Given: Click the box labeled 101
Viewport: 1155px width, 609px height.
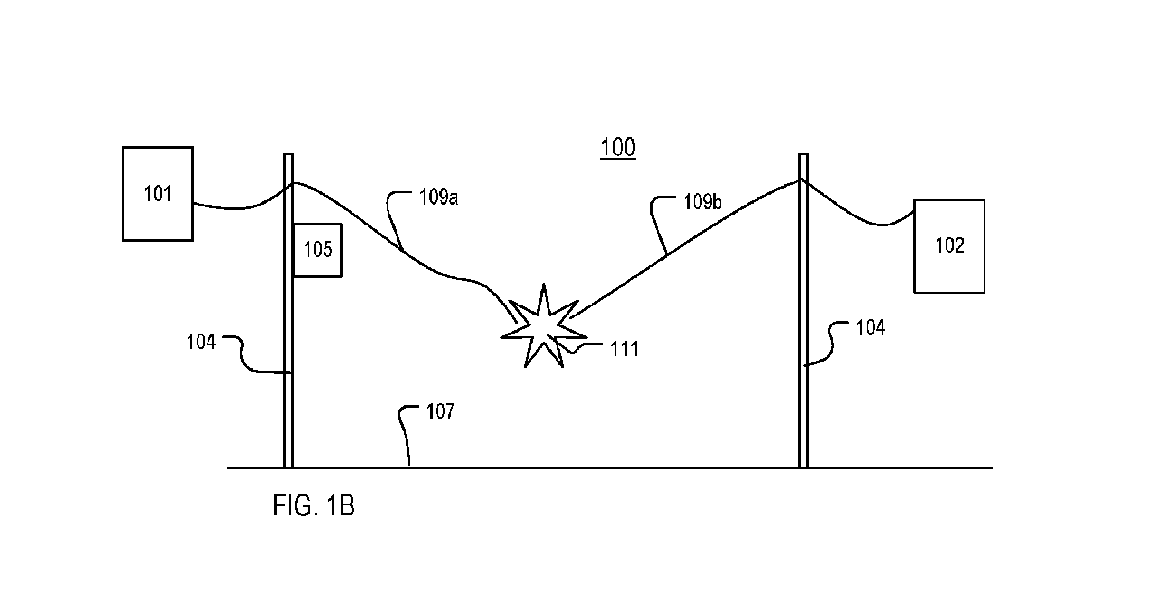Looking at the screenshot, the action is click(x=158, y=194).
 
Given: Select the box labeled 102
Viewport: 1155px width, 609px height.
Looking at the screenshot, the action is click(x=949, y=246).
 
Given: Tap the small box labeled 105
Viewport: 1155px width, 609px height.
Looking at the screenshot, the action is click(x=317, y=250).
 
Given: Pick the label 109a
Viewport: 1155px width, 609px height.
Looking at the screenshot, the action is click(x=438, y=197).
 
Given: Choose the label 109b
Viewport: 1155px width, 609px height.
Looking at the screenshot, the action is click(x=702, y=201).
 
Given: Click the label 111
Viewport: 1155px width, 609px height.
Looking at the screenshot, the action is click(x=625, y=349).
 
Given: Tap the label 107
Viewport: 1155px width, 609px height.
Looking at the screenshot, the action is click(x=440, y=411).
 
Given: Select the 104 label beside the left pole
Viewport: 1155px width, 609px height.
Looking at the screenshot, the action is click(x=201, y=343).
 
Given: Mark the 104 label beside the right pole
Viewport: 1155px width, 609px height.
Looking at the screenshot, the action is click(x=870, y=328).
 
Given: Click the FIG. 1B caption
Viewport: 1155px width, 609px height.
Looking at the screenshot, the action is click(x=313, y=506).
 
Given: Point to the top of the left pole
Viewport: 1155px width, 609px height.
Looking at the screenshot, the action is click(x=288, y=154).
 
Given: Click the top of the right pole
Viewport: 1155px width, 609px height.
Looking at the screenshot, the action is click(x=803, y=154).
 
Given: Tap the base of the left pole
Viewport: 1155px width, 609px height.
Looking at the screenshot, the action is click(x=288, y=467).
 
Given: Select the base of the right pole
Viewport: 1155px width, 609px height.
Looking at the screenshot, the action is click(x=803, y=467).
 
